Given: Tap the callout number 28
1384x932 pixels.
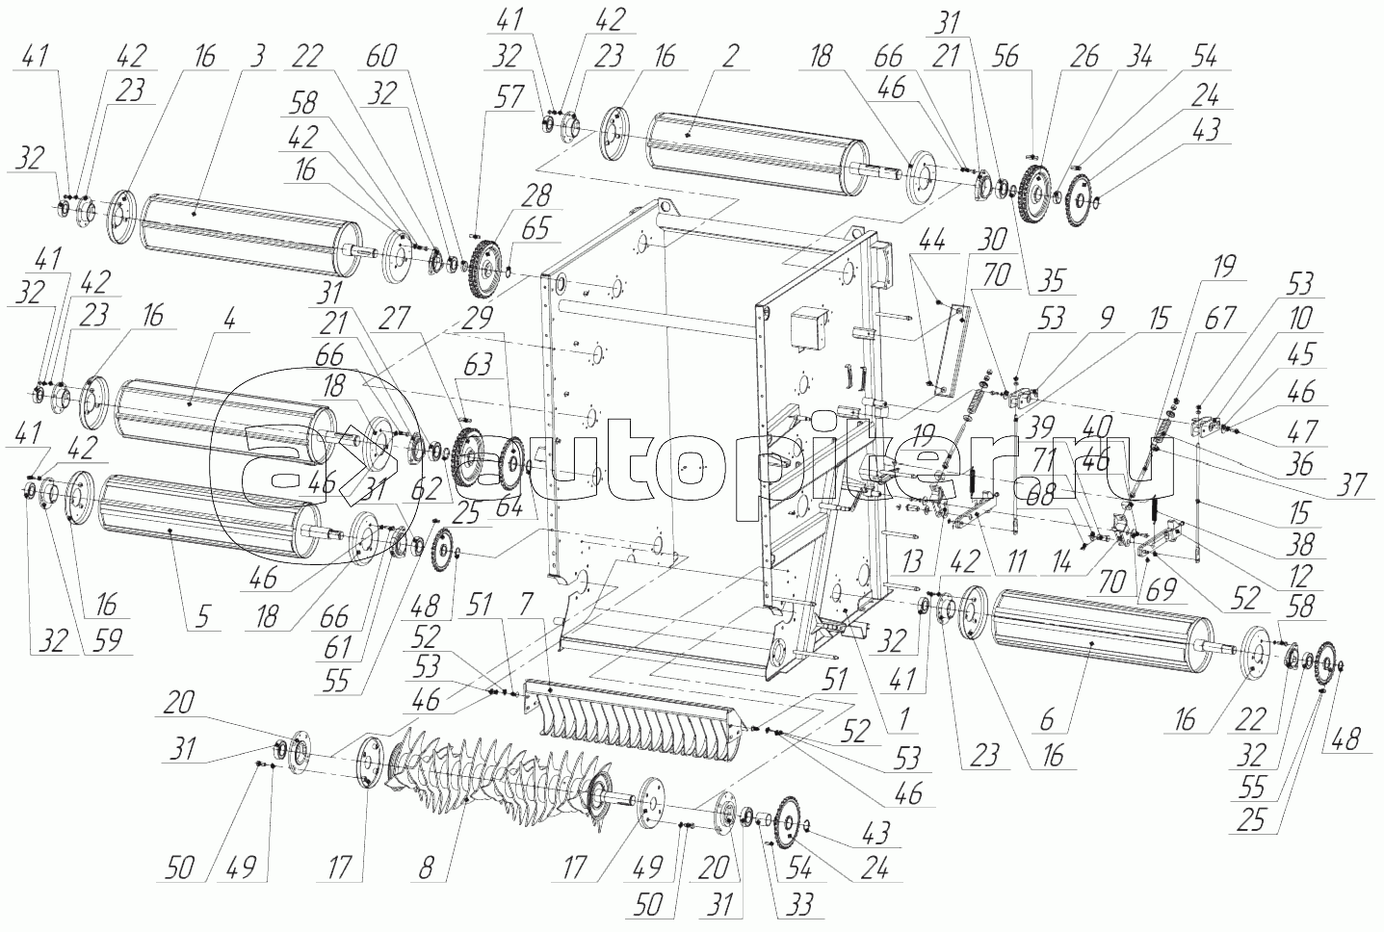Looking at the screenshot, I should point(537,196).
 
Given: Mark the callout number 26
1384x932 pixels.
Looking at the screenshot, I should point(1084,56).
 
